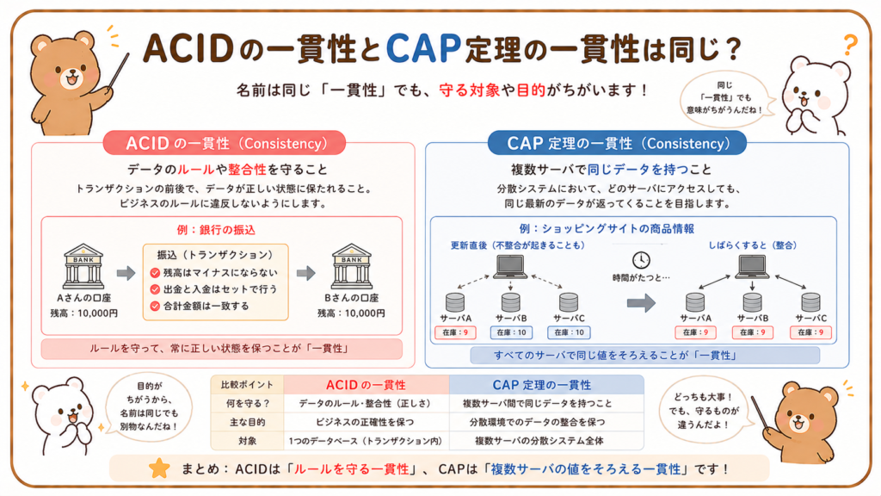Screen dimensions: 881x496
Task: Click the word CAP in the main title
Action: [x=423, y=48]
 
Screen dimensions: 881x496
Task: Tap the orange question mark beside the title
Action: [x=851, y=45]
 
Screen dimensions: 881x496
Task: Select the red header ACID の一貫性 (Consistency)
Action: [x=225, y=144]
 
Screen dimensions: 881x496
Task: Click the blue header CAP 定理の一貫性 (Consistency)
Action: [x=617, y=144]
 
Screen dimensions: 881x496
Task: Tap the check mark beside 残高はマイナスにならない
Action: [x=155, y=273]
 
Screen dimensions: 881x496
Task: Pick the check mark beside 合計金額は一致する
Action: [x=155, y=307]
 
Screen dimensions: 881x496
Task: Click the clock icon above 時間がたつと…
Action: [x=641, y=260]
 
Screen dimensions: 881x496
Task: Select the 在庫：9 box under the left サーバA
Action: [x=455, y=332]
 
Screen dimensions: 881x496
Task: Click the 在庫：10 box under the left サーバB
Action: [x=511, y=332]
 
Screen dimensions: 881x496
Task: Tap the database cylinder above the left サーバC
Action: [x=569, y=302]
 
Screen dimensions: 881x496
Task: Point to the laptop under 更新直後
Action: [x=510, y=267]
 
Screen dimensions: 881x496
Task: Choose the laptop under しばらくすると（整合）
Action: [x=752, y=267]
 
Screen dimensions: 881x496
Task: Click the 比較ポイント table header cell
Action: [x=247, y=385]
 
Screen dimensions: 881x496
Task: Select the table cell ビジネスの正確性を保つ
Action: [x=365, y=422]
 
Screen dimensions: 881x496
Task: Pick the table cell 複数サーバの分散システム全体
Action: [x=539, y=441]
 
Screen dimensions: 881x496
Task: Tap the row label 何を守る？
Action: [x=247, y=403]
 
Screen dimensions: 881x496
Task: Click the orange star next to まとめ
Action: [x=159, y=468]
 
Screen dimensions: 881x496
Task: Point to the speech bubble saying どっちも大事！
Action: [x=706, y=410]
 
